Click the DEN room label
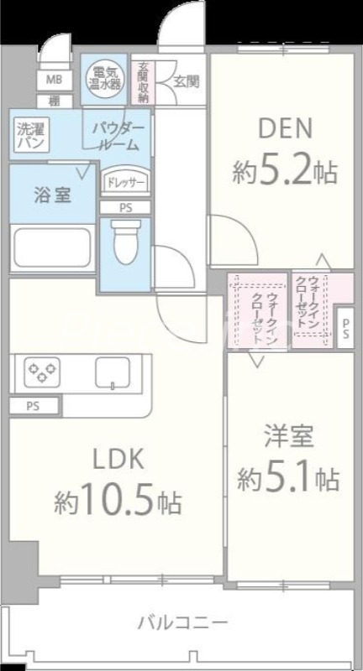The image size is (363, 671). pos(284,129)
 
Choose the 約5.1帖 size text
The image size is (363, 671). pos(288,479)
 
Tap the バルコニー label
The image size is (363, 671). pos(182,622)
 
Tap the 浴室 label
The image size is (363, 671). pos(51,195)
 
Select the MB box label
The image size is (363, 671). pos(54,81)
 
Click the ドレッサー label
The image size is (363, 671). pos(124,182)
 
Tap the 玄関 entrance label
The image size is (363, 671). pos(187,81)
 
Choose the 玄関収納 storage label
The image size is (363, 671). pos(143,82)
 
